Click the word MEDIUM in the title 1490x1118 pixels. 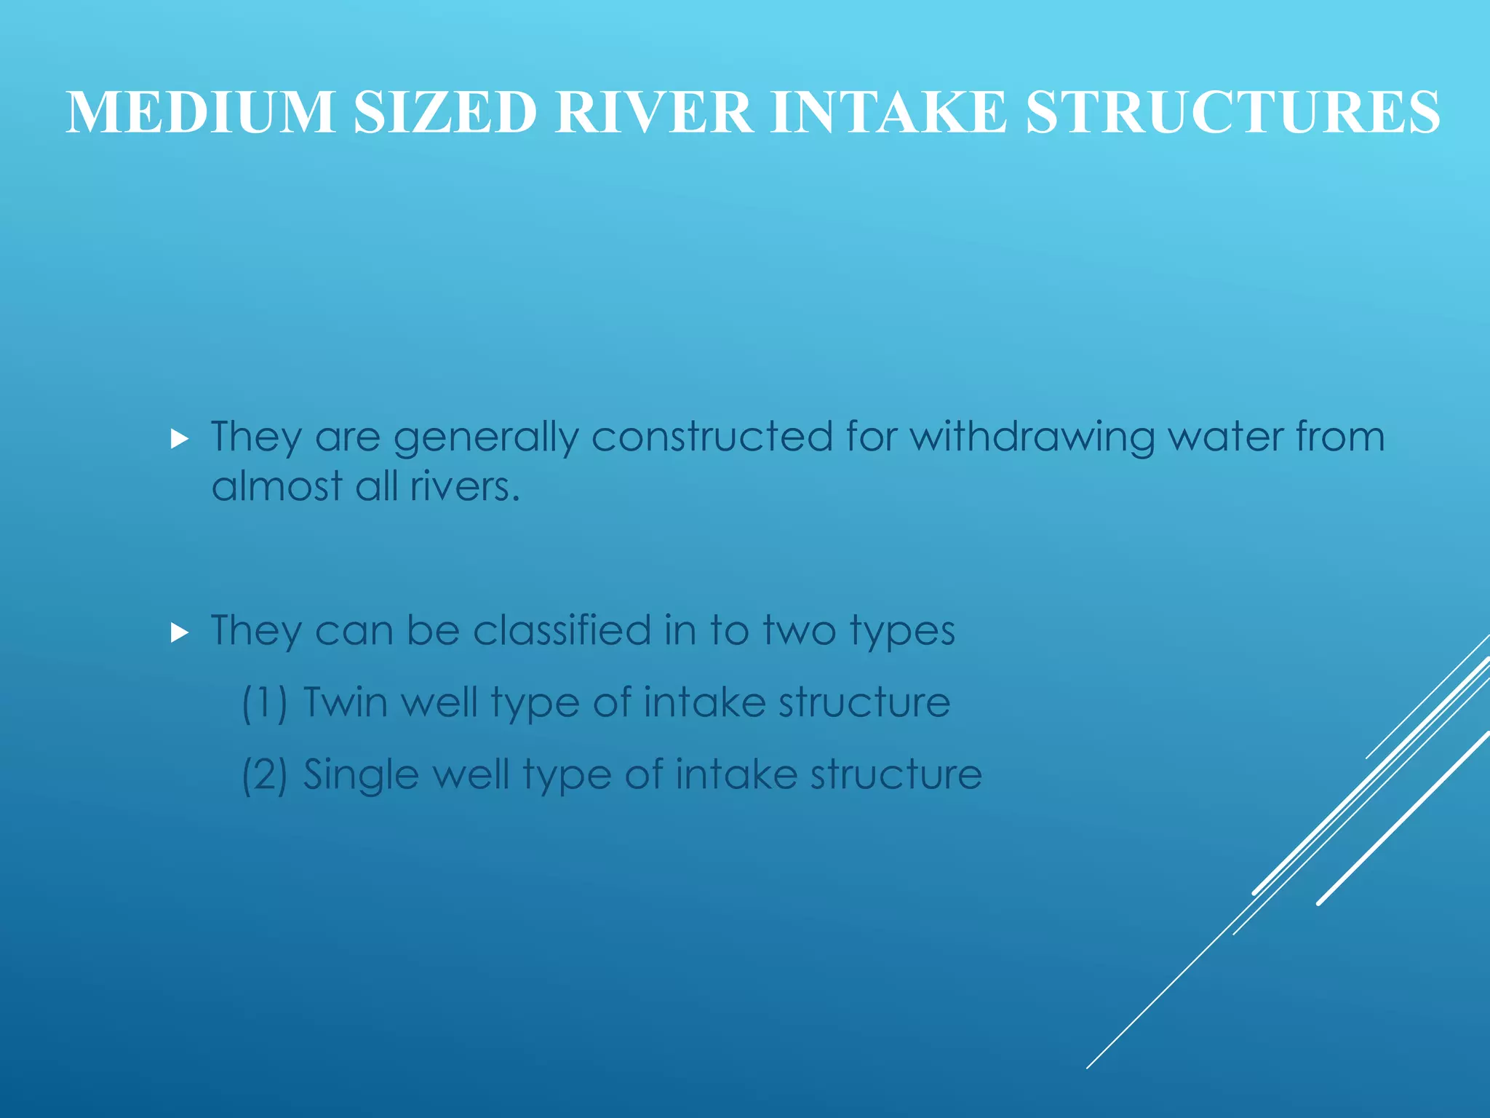point(201,112)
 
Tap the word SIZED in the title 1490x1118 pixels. point(445,112)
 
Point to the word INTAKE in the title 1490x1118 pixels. point(888,112)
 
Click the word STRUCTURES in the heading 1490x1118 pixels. point(1232,112)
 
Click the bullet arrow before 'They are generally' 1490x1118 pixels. point(179,439)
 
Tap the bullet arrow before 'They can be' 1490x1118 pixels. point(179,633)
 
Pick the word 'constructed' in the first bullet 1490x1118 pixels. point(712,437)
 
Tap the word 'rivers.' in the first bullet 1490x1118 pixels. point(465,486)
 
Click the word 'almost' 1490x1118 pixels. point(276,486)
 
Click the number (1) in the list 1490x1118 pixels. point(265,703)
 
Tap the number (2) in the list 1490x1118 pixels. point(265,774)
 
